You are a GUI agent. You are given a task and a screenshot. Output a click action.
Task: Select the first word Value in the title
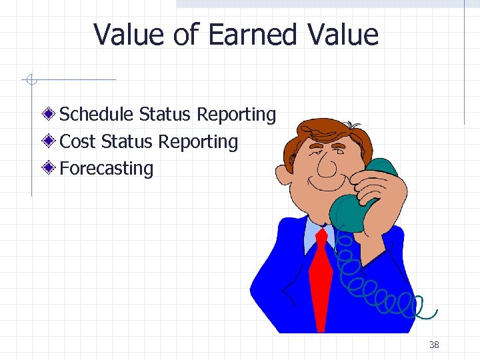(x=129, y=35)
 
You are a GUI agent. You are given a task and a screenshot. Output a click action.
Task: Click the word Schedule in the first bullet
(x=97, y=115)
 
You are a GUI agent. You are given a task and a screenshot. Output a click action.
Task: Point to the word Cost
(x=78, y=141)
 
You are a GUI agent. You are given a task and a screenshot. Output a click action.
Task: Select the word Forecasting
(x=107, y=168)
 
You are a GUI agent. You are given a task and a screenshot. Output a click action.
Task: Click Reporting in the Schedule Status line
(x=236, y=115)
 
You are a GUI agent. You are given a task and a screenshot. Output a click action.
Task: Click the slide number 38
(x=434, y=345)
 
